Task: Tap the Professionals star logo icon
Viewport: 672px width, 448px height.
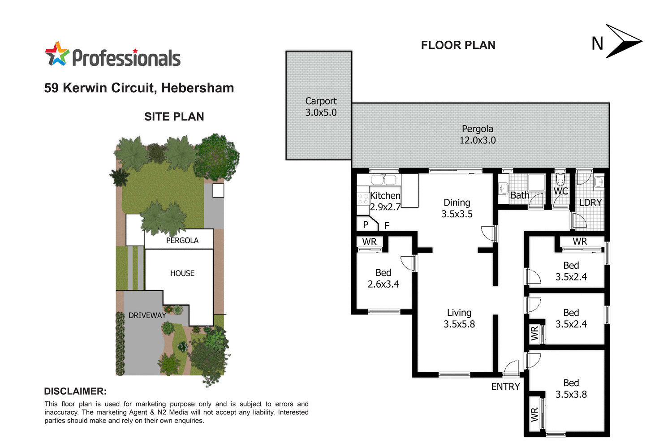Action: pyautogui.click(x=57, y=54)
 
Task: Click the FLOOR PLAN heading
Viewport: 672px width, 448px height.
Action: pyautogui.click(x=458, y=45)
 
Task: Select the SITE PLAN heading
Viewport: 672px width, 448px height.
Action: pyautogui.click(x=174, y=117)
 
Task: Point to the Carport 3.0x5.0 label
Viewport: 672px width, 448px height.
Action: pyautogui.click(x=321, y=107)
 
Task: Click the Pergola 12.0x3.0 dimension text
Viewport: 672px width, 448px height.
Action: pyautogui.click(x=478, y=140)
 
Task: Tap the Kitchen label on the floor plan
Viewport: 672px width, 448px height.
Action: pyautogui.click(x=385, y=196)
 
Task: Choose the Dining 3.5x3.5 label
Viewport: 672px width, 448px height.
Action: pyautogui.click(x=457, y=208)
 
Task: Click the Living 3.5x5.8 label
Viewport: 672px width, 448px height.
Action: pyautogui.click(x=459, y=319)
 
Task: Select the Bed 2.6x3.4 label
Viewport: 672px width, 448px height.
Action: pyautogui.click(x=383, y=278)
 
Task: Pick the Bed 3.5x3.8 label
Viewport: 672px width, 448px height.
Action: pyautogui.click(x=571, y=389)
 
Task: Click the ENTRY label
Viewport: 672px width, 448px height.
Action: pyautogui.click(x=505, y=387)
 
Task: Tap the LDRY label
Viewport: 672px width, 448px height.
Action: pyautogui.click(x=590, y=202)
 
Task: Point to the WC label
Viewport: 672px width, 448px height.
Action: pyautogui.click(x=560, y=191)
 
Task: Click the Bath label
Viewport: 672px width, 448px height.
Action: pyautogui.click(x=520, y=195)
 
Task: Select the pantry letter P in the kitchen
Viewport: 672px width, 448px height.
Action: pyautogui.click(x=366, y=225)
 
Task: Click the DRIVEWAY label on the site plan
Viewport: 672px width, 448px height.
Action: pyautogui.click(x=147, y=315)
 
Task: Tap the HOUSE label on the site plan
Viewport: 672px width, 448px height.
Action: pyautogui.click(x=182, y=273)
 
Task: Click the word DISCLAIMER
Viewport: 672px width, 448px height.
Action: pyautogui.click(x=75, y=391)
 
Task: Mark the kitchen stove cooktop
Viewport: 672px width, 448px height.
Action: pyautogui.click(x=363, y=199)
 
